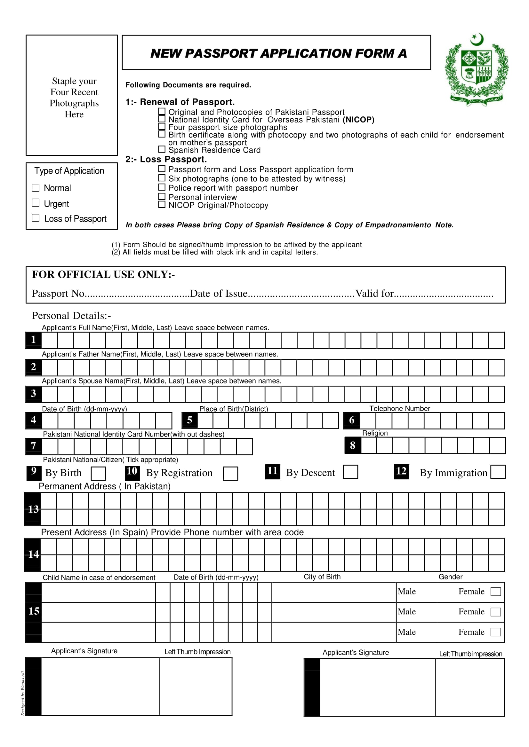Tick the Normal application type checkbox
coord(36,188)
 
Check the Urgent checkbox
coord(36,203)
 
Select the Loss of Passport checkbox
coord(36,218)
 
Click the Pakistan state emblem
coord(477,70)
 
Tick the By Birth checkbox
coord(98,474)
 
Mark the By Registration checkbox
coord(230,474)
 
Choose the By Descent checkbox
coord(350,472)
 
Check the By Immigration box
coord(498,472)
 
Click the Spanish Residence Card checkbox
coord(162,149)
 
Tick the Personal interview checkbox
coord(162,196)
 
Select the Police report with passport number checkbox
coord(162,187)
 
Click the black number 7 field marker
coord(34,446)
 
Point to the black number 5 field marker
coord(189,420)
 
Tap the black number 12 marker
coord(401,471)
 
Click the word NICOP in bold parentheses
coord(358,120)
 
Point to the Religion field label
coord(375,433)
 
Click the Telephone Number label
coord(400,408)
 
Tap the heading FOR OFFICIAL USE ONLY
coord(104,275)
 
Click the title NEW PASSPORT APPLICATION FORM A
coord(278,53)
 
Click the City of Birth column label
coord(322,577)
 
